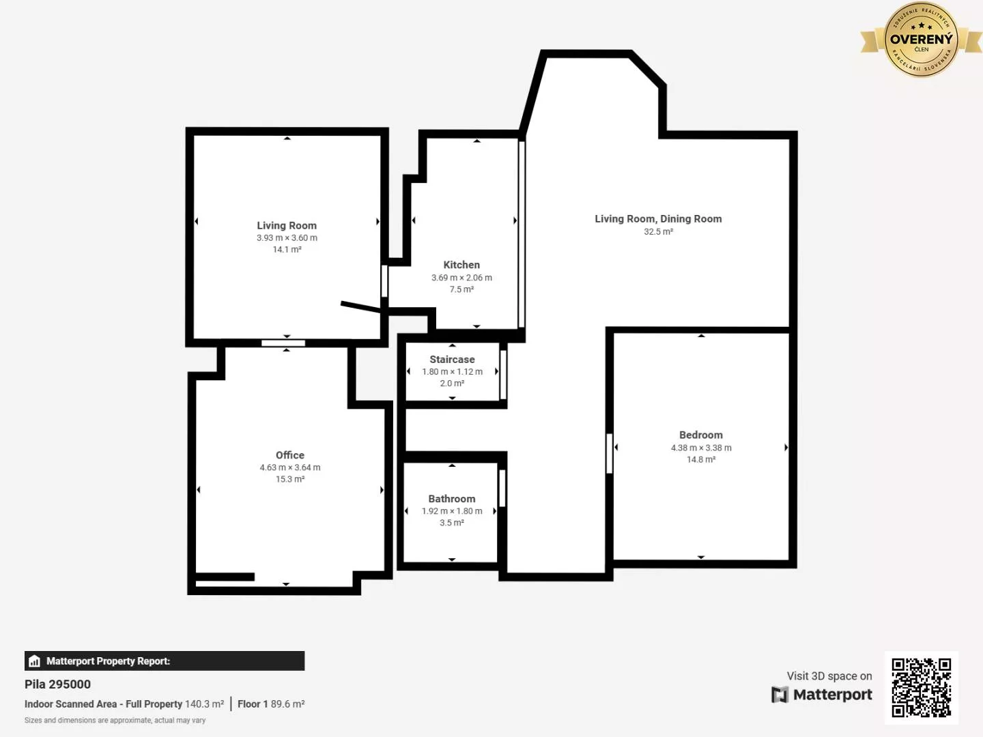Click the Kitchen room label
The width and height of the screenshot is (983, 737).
tap(461, 265)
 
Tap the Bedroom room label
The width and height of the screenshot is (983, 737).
tap(700, 435)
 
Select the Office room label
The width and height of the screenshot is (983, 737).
tap(289, 455)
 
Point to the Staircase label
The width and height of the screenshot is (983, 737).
tap(452, 359)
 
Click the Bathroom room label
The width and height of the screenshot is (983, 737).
tap(451, 499)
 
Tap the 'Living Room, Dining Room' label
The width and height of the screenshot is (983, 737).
tap(657, 219)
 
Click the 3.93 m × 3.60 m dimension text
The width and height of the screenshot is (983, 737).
tap(287, 238)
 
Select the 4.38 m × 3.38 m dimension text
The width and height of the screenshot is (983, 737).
tap(700, 448)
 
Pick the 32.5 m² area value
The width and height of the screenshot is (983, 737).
tap(658, 232)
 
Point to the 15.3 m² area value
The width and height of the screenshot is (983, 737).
tap(289, 479)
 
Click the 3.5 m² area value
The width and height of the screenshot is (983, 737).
tap(451, 523)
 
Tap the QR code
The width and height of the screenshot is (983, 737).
tap(921, 687)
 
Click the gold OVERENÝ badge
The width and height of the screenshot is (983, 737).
tap(920, 40)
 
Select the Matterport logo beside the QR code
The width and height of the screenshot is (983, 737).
tap(822, 695)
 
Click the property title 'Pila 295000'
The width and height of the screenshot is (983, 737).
tap(57, 684)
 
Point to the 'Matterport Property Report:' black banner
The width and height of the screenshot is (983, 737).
tap(164, 661)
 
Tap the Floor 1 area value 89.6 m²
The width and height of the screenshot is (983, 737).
tap(287, 704)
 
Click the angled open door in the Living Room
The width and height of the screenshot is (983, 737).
tap(360, 307)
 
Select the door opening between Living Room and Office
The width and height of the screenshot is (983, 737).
tap(283, 343)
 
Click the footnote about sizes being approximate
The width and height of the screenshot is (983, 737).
tap(115, 721)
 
